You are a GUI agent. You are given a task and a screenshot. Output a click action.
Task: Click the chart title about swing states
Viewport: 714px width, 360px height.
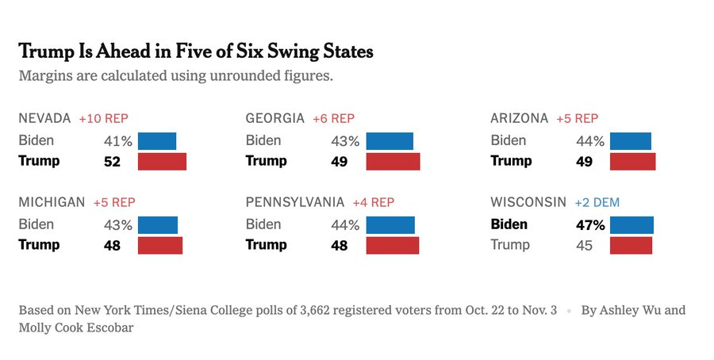click(195, 52)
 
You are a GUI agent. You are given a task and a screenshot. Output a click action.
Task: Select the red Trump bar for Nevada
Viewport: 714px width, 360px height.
click(162, 162)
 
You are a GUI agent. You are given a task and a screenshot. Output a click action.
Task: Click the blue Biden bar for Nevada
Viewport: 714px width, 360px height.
click(157, 141)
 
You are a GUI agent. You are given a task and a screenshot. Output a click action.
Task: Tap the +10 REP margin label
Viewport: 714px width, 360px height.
click(103, 118)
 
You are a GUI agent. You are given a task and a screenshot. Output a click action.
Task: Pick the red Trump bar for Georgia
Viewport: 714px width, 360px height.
click(393, 162)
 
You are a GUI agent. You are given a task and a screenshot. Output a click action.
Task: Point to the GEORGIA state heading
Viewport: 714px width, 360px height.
click(275, 118)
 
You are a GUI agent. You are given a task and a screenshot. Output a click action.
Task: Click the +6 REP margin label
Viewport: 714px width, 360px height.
click(333, 118)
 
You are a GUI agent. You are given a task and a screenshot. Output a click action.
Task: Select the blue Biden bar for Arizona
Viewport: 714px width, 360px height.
click(630, 141)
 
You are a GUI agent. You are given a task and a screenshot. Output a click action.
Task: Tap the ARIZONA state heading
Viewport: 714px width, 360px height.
click(520, 118)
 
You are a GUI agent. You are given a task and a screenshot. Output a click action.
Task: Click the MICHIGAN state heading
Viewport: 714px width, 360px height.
click(52, 202)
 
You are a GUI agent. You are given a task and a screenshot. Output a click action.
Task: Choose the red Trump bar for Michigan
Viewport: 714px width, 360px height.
click(160, 245)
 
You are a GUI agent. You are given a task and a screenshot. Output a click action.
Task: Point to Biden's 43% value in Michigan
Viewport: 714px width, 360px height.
click(118, 225)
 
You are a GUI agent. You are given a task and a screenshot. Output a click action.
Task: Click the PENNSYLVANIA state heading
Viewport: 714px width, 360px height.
click(295, 202)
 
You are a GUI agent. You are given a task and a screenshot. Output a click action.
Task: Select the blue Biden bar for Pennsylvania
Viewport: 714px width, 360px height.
click(390, 225)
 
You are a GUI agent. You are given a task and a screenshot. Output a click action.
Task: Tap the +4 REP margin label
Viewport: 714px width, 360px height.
click(373, 202)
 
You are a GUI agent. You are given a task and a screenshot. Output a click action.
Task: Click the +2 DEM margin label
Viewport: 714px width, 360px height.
click(597, 202)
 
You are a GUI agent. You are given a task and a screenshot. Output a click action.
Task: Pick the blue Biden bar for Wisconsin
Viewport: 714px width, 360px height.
click(631, 225)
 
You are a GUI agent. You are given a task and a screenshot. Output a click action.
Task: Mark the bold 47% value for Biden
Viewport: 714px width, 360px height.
click(590, 225)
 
